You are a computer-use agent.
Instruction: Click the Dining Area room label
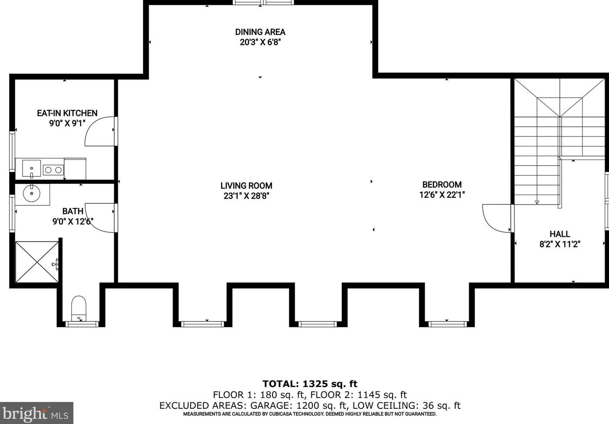[260, 32]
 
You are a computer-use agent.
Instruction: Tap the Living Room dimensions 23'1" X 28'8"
[246, 195]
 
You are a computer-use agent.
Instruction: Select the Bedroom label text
[442, 185]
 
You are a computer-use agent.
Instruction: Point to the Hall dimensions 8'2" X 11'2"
[560, 244]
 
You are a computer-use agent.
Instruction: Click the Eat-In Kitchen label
[67, 113]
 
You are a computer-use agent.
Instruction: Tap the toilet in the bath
[79, 308]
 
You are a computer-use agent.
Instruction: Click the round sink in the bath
[32, 193]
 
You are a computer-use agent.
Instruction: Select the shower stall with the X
[37, 262]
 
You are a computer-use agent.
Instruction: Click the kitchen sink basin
[32, 169]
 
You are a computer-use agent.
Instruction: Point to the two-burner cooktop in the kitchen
[53, 170]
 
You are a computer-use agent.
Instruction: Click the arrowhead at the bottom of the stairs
[537, 202]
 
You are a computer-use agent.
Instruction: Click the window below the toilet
[83, 324]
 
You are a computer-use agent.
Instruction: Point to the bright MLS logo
[37, 413]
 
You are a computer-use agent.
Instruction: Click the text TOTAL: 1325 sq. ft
[310, 384]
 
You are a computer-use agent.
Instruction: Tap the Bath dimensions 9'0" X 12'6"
[73, 222]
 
